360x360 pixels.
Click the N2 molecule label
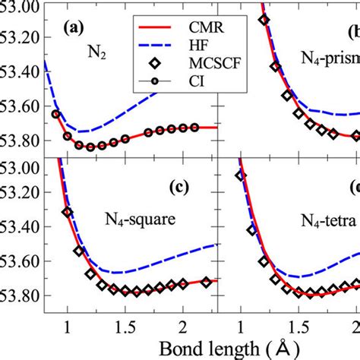point(96,55)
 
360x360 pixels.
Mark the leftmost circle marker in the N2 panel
point(55,114)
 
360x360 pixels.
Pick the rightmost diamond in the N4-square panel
point(206,282)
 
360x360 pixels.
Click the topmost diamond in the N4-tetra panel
point(241,175)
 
